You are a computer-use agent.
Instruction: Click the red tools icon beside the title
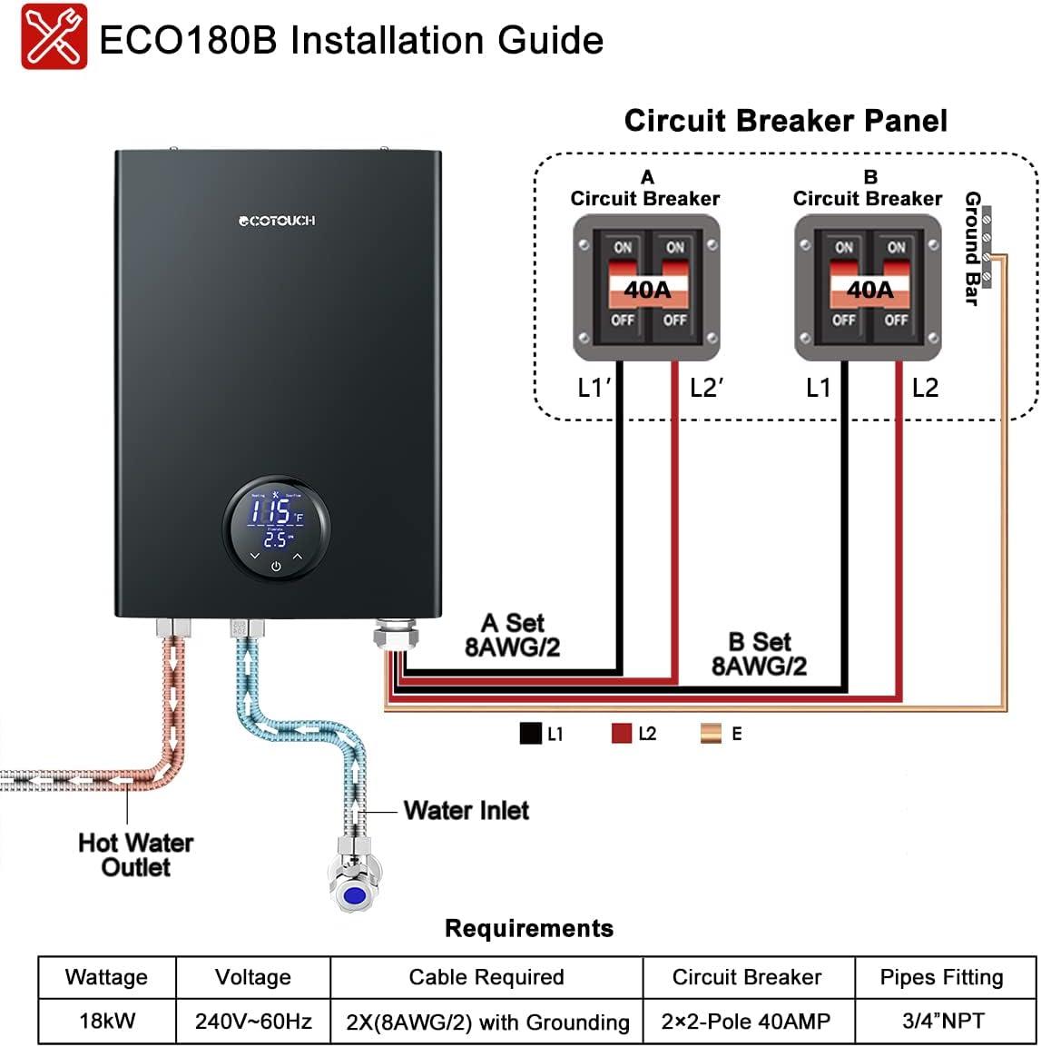coord(54,37)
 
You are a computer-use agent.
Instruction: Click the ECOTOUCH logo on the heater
coord(277,221)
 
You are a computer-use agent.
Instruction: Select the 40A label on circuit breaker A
coord(646,290)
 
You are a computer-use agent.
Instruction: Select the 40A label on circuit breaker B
coord(869,290)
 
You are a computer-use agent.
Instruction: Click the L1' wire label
coord(594,388)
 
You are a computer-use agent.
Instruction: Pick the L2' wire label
coord(706,388)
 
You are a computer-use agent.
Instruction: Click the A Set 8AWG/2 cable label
coord(512,635)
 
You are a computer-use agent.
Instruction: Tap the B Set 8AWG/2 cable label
coord(759,654)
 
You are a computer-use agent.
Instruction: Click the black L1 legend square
coord(530,733)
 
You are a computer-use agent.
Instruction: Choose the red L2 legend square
coord(621,733)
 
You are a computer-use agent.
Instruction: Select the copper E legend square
coord(711,733)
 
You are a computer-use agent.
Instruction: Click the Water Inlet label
coord(466,810)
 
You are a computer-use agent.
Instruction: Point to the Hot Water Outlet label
coord(135,854)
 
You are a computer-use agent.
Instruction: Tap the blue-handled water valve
coord(352,894)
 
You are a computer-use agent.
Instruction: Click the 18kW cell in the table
coord(107,1021)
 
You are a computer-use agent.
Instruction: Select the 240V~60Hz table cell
coord(253,1021)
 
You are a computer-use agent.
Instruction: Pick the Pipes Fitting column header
coord(941,977)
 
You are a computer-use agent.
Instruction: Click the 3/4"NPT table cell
coord(943,1021)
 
